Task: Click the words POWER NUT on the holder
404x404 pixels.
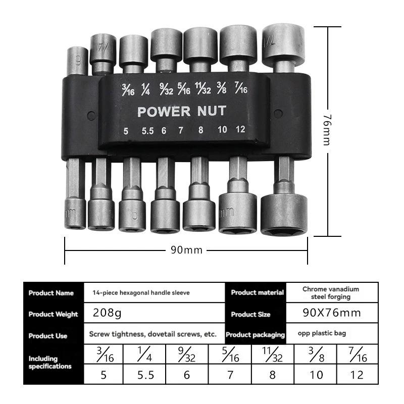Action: coord(182,111)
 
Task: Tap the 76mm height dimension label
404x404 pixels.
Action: coord(327,130)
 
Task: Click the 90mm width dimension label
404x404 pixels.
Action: coord(186,250)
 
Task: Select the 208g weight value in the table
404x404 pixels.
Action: coord(107,313)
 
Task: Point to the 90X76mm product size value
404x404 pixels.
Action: coord(332,313)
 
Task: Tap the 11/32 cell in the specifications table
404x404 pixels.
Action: coord(273,355)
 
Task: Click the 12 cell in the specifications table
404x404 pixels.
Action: coord(357,375)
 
